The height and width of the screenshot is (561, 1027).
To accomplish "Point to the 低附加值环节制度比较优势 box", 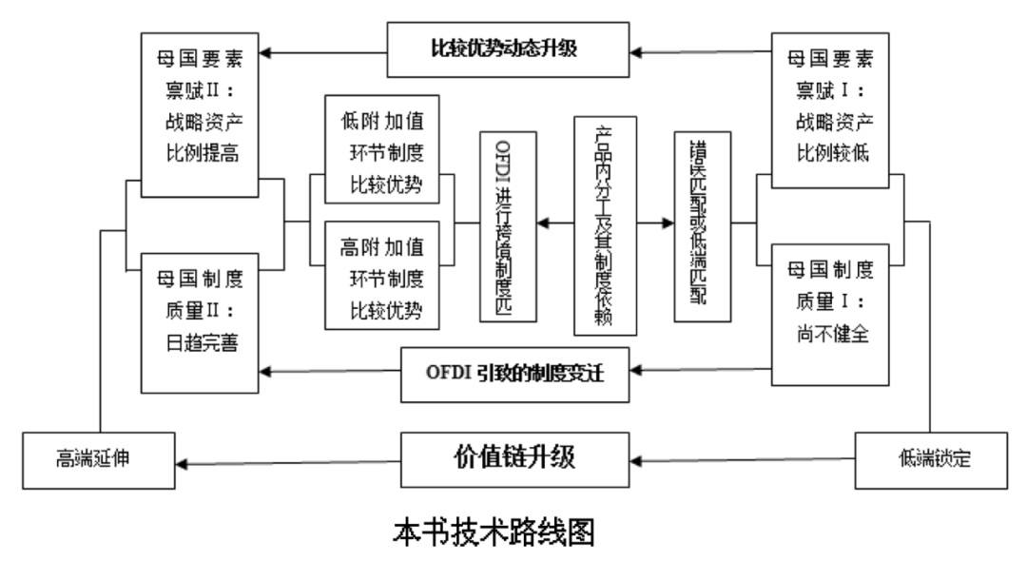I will pos(381,148).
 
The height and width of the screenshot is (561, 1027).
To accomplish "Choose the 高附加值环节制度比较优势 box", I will pos(381,274).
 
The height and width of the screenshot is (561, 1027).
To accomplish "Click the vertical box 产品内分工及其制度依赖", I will pos(605,225).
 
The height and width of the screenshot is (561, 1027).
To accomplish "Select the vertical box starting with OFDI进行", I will pos(509,225).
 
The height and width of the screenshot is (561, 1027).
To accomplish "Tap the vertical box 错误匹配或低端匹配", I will pos(702,223).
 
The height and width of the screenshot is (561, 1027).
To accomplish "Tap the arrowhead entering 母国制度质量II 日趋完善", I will pos(269,370).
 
